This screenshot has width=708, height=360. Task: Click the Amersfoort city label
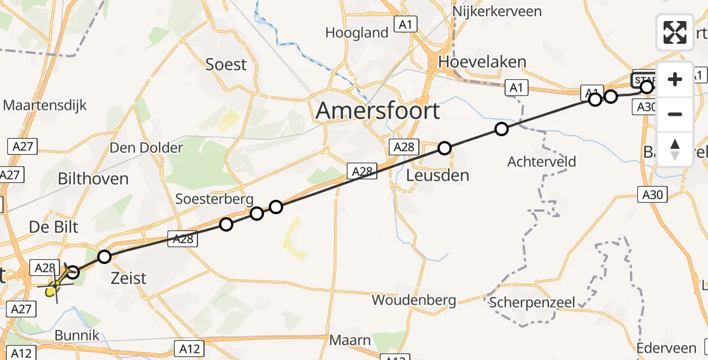tap(377, 111)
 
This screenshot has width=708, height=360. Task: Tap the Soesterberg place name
tap(214, 199)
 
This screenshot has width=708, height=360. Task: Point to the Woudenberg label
tap(413, 300)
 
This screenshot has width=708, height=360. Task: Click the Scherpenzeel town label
tap(532, 302)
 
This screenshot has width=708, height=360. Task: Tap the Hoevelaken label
tap(482, 62)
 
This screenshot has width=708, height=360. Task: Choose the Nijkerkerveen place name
tap(497, 11)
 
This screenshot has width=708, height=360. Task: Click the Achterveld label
tap(541, 161)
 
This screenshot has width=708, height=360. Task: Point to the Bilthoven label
tap(93, 179)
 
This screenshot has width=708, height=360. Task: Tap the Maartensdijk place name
tap(45, 106)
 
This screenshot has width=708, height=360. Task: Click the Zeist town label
tap(129, 278)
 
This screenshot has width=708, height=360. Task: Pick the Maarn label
tap(350, 341)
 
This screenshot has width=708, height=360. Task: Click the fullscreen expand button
tap(675, 32)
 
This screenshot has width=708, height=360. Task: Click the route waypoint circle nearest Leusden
tap(444, 148)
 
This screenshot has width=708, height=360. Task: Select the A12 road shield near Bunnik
tap(20, 353)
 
